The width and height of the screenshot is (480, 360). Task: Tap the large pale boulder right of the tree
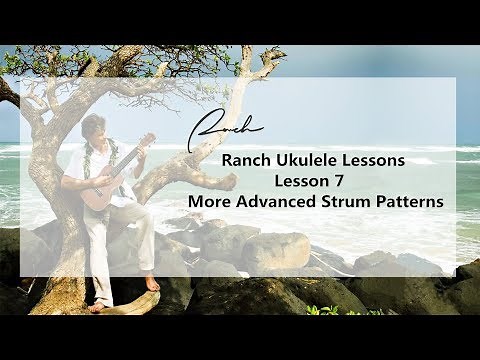(276, 250)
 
